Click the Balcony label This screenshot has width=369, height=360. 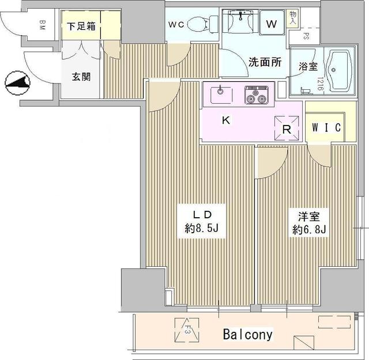(x=248, y=334)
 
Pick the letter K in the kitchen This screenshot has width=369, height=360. (x=227, y=120)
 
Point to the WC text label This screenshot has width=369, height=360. (x=176, y=25)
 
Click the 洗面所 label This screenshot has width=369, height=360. (x=265, y=62)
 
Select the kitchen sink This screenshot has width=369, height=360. (x=220, y=92)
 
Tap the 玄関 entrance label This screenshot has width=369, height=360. (x=80, y=77)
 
